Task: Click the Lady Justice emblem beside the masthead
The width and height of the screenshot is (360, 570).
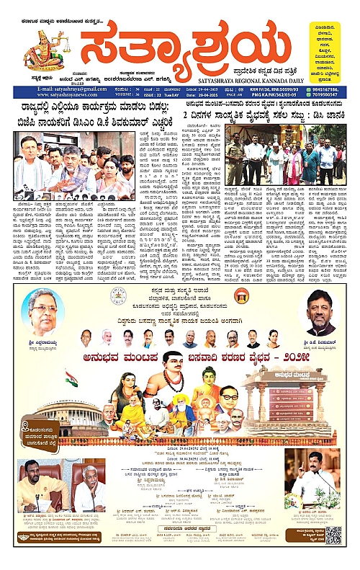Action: coord(44,54)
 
